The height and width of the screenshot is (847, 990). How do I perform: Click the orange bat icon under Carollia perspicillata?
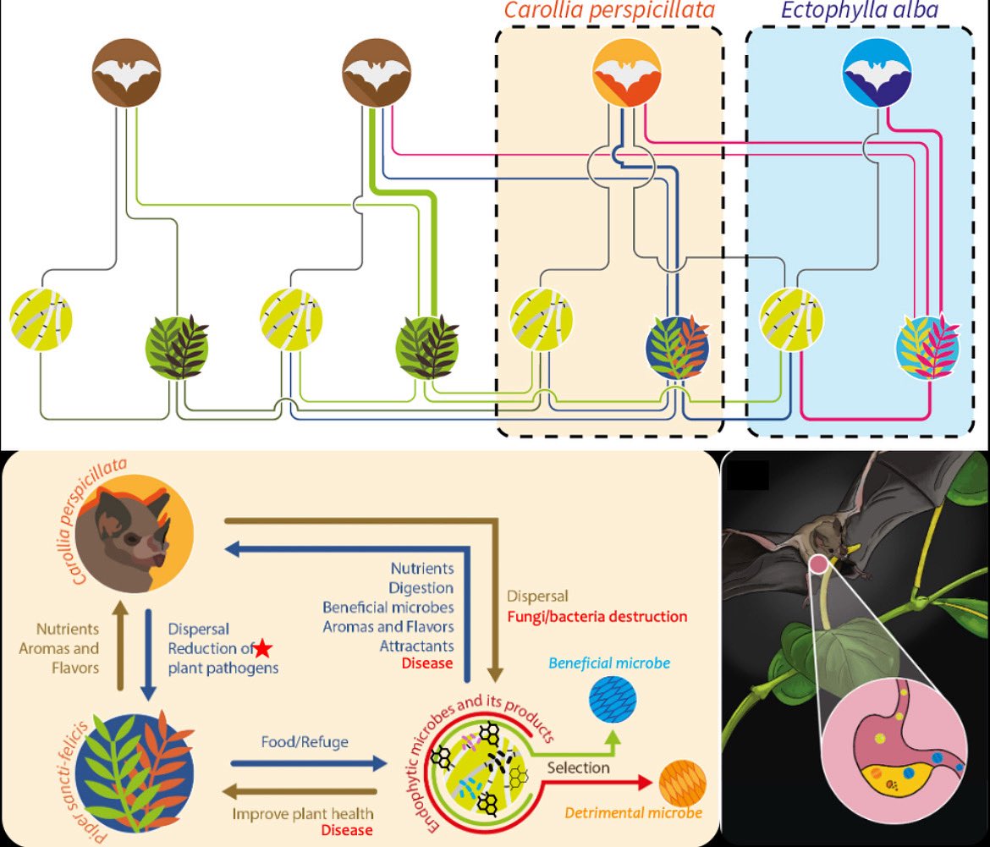click(x=627, y=72)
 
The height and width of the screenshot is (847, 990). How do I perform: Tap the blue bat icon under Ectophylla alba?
click(x=877, y=72)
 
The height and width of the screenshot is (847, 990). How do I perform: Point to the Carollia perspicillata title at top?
click(x=609, y=11)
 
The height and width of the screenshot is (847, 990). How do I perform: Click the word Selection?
click(x=578, y=767)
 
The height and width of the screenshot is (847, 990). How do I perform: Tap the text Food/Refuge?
click(x=305, y=742)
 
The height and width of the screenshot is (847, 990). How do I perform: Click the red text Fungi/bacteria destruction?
click(x=597, y=616)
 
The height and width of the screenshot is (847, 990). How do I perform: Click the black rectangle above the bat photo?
click(x=748, y=476)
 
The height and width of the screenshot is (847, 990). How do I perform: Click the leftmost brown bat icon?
click(x=126, y=72)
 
